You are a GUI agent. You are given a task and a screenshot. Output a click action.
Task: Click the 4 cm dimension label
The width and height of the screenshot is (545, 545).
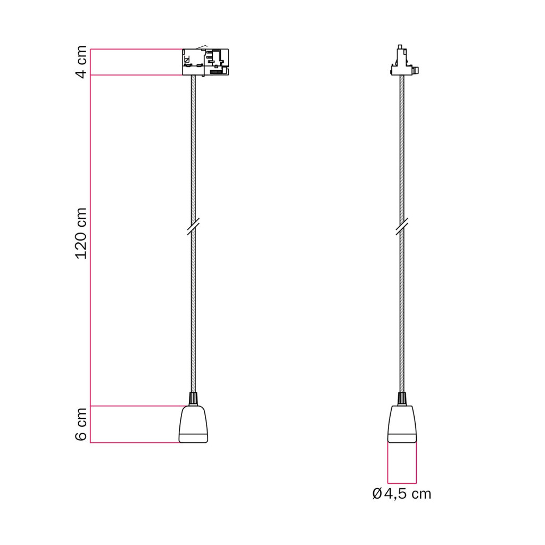point(81,62)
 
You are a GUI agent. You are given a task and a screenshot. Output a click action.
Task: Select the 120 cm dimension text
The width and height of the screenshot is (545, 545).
point(81,233)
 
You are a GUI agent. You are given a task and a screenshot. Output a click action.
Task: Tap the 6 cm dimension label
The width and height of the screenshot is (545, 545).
point(81,424)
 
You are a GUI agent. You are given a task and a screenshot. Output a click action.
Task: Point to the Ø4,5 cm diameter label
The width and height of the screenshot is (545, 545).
point(401,493)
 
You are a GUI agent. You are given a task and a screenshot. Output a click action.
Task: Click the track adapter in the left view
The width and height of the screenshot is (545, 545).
point(205,62)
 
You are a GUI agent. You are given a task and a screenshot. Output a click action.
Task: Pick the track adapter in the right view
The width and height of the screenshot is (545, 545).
point(404,60)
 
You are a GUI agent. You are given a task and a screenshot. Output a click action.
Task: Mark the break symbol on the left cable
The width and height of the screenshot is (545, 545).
point(193,227)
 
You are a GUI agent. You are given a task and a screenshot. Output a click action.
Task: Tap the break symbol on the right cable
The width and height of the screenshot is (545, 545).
point(402,227)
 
